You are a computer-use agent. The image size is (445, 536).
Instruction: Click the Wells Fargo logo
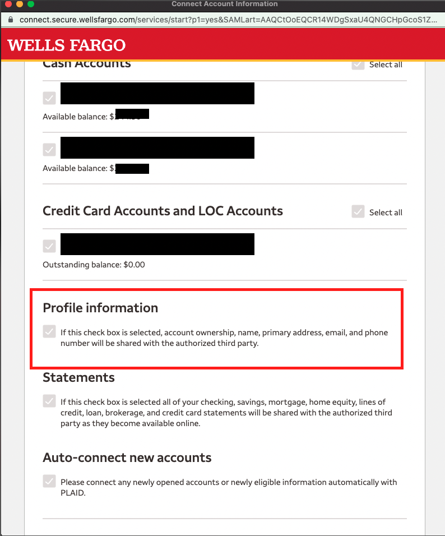pyautogui.click(x=67, y=45)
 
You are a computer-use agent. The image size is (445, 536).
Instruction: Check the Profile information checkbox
pyautogui.click(x=49, y=332)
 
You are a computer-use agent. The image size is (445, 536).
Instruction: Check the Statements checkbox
pyautogui.click(x=49, y=401)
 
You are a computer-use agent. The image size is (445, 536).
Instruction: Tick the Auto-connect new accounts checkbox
pyautogui.click(x=49, y=482)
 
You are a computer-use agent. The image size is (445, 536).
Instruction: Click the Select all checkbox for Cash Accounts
pyautogui.click(x=358, y=64)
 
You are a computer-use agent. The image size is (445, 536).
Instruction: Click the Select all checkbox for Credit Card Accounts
pyautogui.click(x=358, y=212)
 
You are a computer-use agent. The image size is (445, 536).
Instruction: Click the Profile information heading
pyautogui.click(x=100, y=308)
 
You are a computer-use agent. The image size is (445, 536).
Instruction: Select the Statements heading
pyautogui.click(x=78, y=377)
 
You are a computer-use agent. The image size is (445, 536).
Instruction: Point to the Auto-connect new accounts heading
pyautogui.click(x=127, y=458)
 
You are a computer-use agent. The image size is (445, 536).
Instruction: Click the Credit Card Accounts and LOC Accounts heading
pyautogui.click(x=163, y=211)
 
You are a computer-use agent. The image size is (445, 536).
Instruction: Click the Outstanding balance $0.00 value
pyautogui.click(x=135, y=264)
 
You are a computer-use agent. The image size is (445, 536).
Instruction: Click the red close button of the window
pyautogui.click(x=8, y=4)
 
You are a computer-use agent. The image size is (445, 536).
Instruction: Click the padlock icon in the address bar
pyautogui.click(x=11, y=19)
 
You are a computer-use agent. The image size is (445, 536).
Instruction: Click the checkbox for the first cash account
pyautogui.click(x=49, y=99)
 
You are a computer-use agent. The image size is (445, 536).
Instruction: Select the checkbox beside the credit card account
pyautogui.click(x=49, y=246)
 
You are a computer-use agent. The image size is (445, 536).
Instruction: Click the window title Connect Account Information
pyautogui.click(x=224, y=4)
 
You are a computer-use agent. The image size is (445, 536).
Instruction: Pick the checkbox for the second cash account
pyautogui.click(x=49, y=150)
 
